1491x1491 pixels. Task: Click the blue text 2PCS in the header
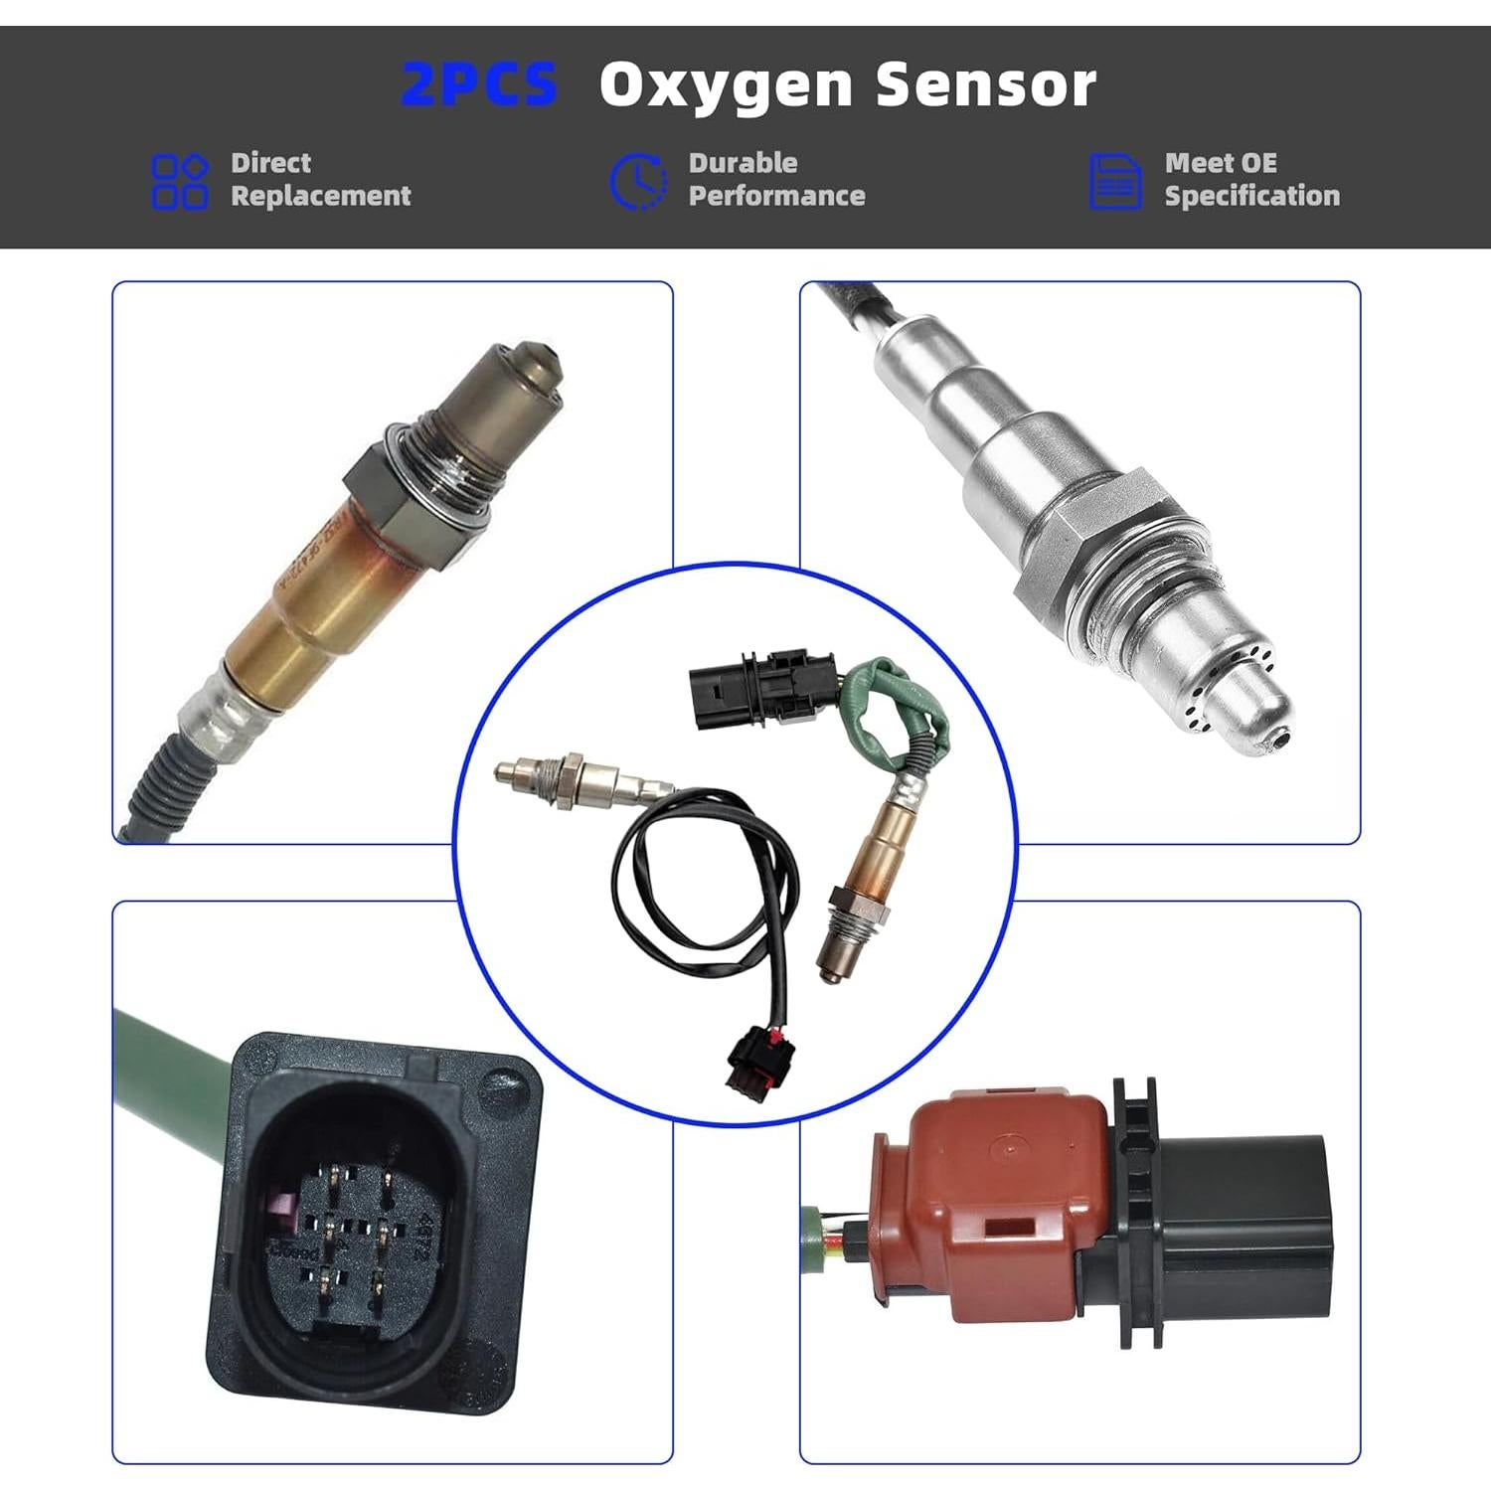point(479,84)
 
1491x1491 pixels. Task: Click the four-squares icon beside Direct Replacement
point(180,181)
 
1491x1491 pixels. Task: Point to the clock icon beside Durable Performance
point(638,181)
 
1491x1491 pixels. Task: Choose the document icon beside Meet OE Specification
point(1115,181)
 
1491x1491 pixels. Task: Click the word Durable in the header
point(743,163)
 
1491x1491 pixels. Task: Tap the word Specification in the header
point(1251,196)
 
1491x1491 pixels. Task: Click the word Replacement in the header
point(320,196)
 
